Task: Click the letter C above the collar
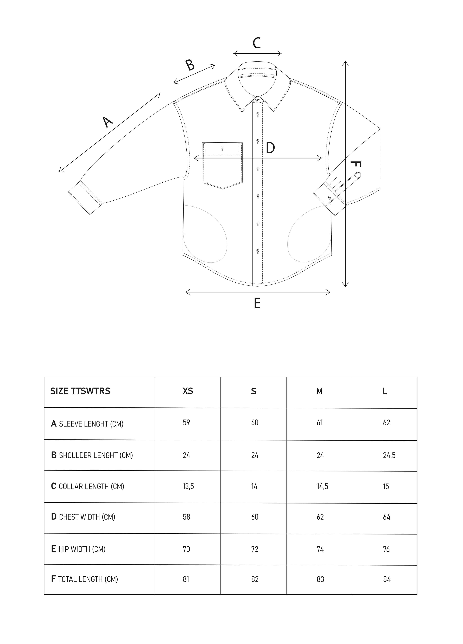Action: (x=257, y=43)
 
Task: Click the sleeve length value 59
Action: (x=186, y=423)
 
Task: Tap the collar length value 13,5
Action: (x=188, y=486)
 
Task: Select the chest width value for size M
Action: (x=320, y=517)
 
